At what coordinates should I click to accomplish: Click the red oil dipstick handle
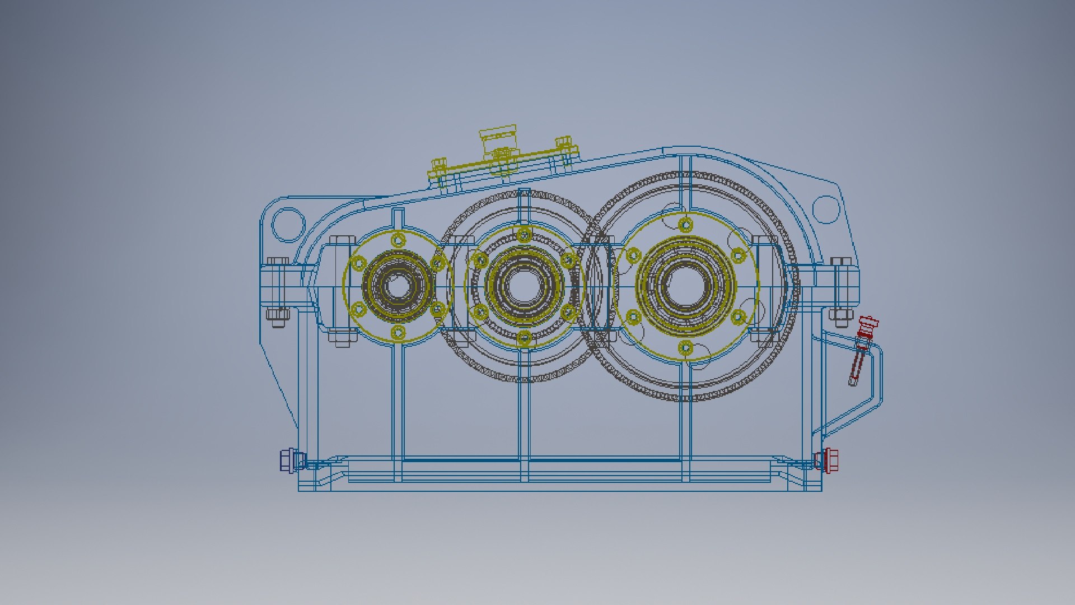click(868, 324)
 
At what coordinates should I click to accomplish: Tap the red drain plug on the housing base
click(825, 460)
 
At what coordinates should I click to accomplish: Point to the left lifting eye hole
click(288, 224)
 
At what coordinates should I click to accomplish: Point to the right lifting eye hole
click(825, 208)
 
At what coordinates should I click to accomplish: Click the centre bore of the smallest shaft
click(398, 286)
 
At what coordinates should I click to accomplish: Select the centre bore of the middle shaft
click(524, 286)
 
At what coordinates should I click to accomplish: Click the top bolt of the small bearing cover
click(398, 241)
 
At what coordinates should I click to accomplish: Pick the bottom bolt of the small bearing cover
click(398, 332)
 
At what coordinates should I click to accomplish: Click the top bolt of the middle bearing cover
click(524, 235)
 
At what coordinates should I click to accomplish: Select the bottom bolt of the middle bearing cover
click(524, 337)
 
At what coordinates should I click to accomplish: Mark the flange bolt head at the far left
click(277, 262)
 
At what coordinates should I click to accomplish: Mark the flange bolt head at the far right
click(840, 262)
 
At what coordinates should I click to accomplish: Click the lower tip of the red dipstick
click(852, 383)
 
